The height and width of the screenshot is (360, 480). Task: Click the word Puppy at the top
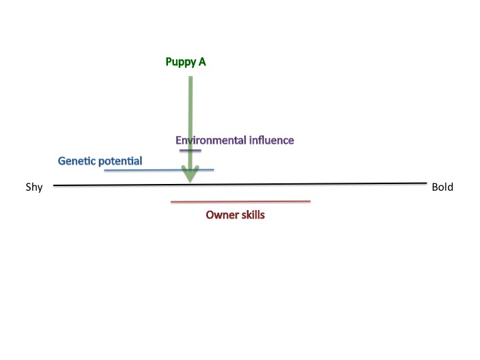(x=179, y=62)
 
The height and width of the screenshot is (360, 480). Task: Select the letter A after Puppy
(x=202, y=62)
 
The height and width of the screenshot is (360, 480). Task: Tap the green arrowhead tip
(x=191, y=181)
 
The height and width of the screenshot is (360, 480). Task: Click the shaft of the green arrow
(x=191, y=113)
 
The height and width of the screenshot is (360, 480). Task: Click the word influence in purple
(x=271, y=140)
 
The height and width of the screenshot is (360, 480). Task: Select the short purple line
(x=190, y=150)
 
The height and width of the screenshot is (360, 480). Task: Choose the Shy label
(x=34, y=187)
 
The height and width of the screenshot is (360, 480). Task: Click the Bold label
(x=442, y=187)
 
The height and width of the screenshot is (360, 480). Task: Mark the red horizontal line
(x=240, y=201)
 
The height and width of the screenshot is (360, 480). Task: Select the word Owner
(x=220, y=215)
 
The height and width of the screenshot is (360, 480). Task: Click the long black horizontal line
(x=300, y=183)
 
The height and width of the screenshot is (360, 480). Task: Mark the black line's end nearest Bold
(x=425, y=183)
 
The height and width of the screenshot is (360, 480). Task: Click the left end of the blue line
(x=105, y=171)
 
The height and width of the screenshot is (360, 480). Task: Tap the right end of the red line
(x=310, y=200)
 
